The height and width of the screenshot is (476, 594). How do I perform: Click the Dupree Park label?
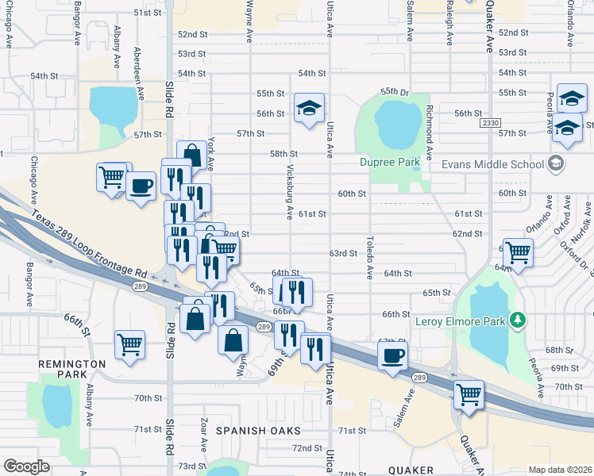389,162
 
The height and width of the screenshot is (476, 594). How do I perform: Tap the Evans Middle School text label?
487,164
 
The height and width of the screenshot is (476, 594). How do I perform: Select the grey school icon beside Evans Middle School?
556,164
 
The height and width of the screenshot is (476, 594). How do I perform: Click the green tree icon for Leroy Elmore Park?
518,320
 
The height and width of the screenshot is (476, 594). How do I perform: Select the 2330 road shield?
490,124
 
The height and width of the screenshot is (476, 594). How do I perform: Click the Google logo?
26,466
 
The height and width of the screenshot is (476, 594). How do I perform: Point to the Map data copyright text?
559,470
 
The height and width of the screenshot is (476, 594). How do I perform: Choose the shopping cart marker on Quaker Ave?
469,393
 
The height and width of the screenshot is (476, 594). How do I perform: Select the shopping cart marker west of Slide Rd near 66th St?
129,344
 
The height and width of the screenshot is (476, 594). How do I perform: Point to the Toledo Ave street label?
370,256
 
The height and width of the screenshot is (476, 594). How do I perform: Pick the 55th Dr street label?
394,92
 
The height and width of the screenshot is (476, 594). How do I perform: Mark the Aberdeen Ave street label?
140,73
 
